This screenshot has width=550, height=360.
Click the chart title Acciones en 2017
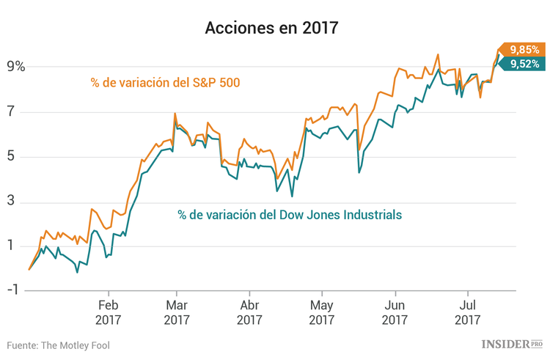click(x=271, y=29)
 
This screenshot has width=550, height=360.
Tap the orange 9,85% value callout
click(x=524, y=50)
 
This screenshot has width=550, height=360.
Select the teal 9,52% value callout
click(x=524, y=65)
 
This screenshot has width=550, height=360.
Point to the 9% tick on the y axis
click(x=16, y=67)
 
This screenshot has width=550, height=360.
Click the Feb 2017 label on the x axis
click(x=108, y=312)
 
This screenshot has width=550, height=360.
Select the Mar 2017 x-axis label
click(x=177, y=312)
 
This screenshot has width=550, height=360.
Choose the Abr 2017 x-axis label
click(x=249, y=312)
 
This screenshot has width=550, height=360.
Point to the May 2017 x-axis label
click(x=322, y=312)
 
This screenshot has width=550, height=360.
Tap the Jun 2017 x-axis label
click(x=395, y=312)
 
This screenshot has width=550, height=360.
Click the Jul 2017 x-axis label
click(x=467, y=312)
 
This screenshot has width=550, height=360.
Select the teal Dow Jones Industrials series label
click(x=290, y=215)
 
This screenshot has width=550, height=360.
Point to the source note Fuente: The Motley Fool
click(x=59, y=345)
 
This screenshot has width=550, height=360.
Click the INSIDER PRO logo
click(x=512, y=343)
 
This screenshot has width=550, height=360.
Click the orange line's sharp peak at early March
click(x=175, y=114)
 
